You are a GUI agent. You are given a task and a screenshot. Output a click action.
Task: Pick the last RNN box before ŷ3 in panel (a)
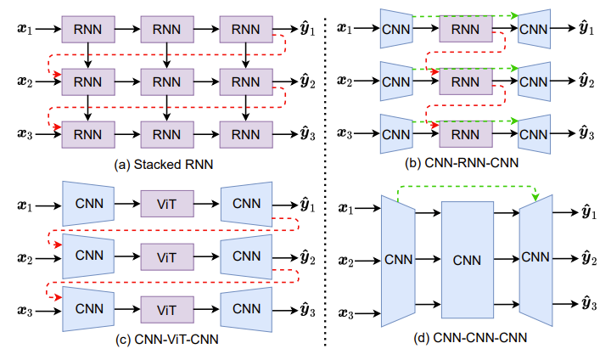245,134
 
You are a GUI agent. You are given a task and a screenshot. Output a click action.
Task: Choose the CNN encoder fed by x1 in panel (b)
395,30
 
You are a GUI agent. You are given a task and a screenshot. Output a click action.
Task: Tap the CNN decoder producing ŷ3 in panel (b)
534,134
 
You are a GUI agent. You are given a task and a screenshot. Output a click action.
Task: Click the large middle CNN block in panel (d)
467,259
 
